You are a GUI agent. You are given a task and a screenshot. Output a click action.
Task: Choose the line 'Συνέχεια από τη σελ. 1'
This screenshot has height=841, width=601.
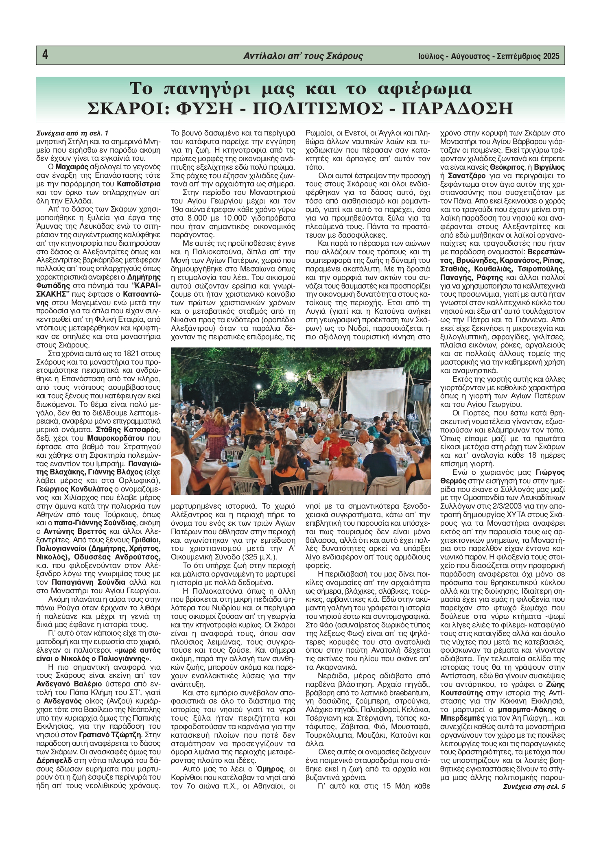click(x=72, y=133)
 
